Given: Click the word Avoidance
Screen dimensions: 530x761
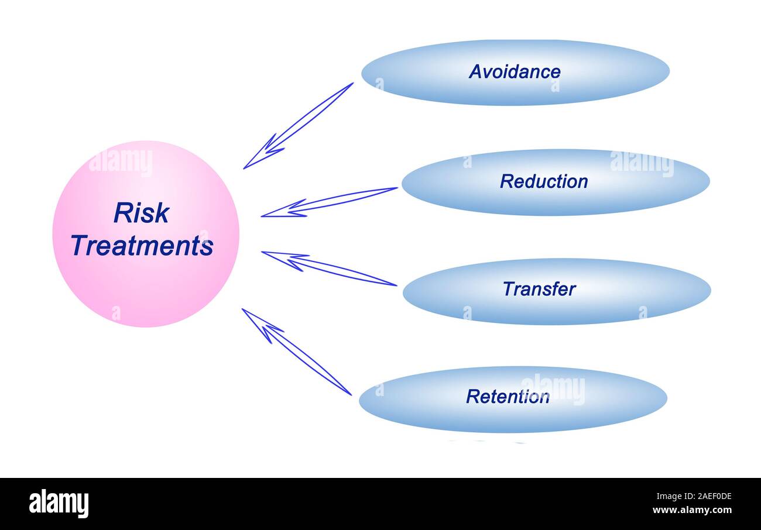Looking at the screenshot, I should click(x=515, y=72).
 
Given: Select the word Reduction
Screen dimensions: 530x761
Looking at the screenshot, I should click(x=544, y=181).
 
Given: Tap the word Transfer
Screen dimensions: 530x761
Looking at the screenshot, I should click(x=539, y=289).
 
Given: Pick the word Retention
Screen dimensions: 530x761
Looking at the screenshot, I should click(x=508, y=397).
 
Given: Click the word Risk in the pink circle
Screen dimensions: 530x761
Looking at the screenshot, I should click(x=141, y=213).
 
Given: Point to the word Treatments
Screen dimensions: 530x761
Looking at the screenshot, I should click(x=142, y=245).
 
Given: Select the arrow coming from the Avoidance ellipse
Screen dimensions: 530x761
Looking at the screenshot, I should click(x=299, y=125).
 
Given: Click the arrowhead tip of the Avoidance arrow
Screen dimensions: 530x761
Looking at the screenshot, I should click(x=244, y=168).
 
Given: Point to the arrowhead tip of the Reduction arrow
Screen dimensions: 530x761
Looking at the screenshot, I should click(x=262, y=216).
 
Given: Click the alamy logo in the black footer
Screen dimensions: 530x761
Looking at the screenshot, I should click(x=59, y=504).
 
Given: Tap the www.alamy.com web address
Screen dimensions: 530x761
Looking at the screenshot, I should click(x=692, y=511).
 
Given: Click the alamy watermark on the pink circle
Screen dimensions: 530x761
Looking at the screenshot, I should click(x=121, y=162).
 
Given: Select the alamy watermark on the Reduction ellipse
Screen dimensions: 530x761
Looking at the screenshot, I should click(x=642, y=163).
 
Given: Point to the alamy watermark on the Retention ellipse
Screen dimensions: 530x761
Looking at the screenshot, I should click(x=553, y=388).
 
